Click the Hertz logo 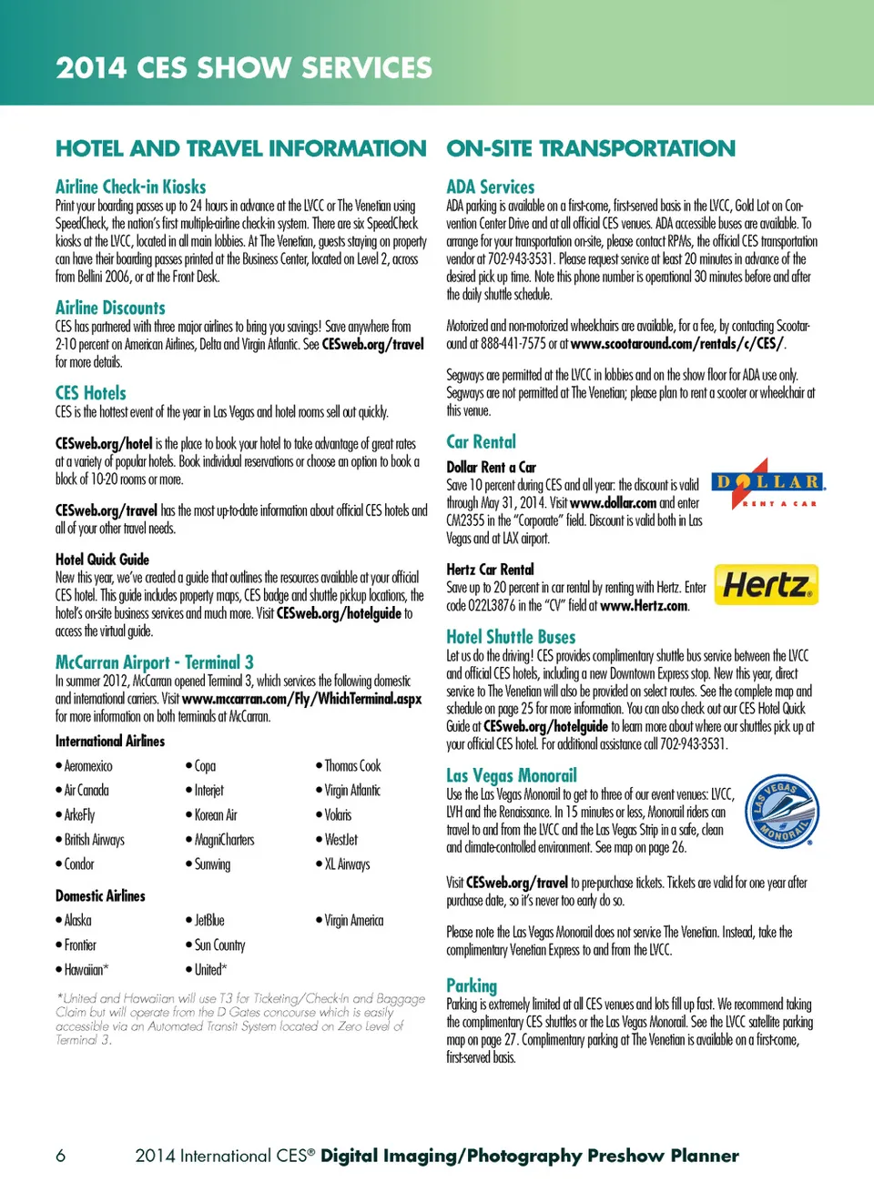point(766,585)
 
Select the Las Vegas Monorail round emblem point(781,812)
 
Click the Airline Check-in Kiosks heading point(130,187)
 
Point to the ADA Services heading point(490,187)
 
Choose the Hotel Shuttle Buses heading point(511,637)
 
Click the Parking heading point(472,985)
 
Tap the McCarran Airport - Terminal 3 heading point(154,662)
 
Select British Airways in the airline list point(94,840)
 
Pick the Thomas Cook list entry point(352,766)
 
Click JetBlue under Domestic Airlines point(208,921)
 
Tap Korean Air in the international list point(216,815)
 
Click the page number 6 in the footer point(61,1156)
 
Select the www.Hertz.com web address point(644,606)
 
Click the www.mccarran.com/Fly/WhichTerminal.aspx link point(301,699)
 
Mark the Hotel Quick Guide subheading point(102,560)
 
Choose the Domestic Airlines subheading point(100,896)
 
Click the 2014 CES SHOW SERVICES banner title point(244,67)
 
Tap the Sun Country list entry point(219,945)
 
